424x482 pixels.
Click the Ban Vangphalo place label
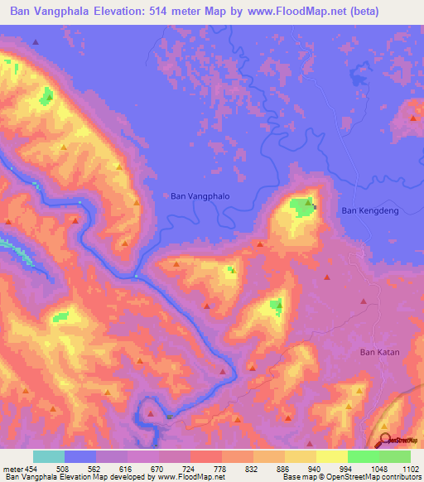click(200, 196)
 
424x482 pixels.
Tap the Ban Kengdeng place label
click(370, 211)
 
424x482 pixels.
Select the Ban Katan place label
click(379, 352)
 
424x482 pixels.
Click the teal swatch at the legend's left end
click(49, 456)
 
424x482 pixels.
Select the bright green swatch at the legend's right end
click(395, 456)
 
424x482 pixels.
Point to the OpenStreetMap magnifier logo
click(385, 440)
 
